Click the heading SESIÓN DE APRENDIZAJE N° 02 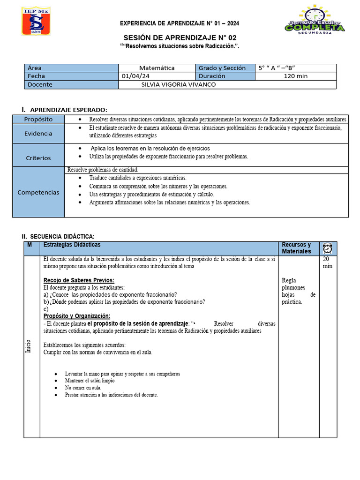tap(180, 38)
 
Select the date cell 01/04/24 tap(135, 76)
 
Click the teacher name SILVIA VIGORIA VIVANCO tap(178, 85)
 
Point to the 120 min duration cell tap(295, 76)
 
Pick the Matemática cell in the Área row tap(157, 68)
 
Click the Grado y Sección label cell tap(222, 68)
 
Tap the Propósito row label tap(38, 120)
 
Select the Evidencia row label tap(38, 134)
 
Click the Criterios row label tap(38, 158)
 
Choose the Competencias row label tap(38, 192)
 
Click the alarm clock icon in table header tap(327, 248)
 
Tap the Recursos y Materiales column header tap(296, 248)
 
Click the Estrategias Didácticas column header tap(72, 245)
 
